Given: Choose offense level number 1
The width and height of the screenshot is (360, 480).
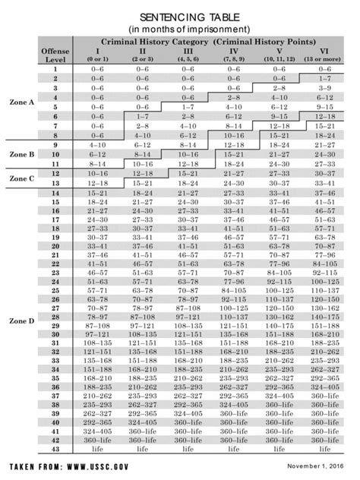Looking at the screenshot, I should pyautogui.click(x=55, y=69).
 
